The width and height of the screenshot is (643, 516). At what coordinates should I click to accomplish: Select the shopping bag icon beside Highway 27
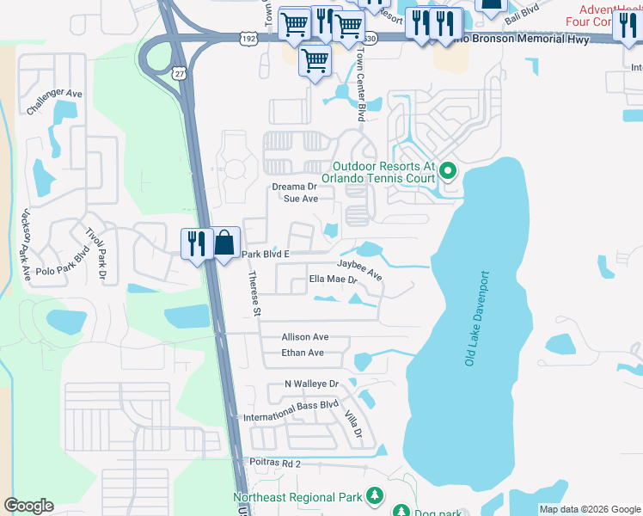[225, 243]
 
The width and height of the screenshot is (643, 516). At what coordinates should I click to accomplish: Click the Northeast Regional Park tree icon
[374, 495]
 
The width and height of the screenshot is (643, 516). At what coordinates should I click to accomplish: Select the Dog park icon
[401, 512]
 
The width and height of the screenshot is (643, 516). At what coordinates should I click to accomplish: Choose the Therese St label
[254, 294]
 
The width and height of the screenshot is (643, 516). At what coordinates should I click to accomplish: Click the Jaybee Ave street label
[359, 268]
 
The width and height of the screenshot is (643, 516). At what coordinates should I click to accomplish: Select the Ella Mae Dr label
[333, 279]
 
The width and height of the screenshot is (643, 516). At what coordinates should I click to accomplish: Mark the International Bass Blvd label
[291, 411]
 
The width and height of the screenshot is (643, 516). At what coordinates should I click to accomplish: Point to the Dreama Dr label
[295, 187]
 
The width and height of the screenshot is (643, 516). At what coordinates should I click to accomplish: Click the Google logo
[28, 506]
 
